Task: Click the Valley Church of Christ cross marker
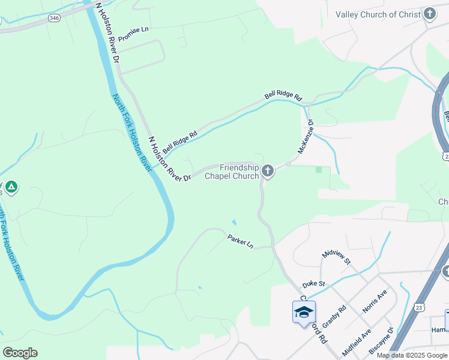click(x=430, y=14)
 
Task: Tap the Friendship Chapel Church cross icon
click(x=268, y=172)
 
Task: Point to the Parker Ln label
click(x=241, y=242)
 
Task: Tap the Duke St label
click(x=313, y=283)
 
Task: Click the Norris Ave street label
click(x=375, y=301)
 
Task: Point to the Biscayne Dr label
click(x=382, y=340)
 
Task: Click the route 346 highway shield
click(x=55, y=19)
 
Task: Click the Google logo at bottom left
click(x=20, y=353)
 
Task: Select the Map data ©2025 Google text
click(x=412, y=355)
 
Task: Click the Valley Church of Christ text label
click(x=378, y=14)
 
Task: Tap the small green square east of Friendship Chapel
click(x=319, y=170)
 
